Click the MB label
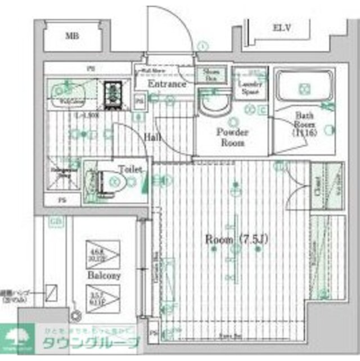[71, 36]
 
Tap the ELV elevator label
[281, 28]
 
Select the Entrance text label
[167, 84]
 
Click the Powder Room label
[232, 137]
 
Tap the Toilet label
[129, 169]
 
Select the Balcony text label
[103, 277]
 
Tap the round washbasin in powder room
[215, 104]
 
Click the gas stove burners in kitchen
[114, 93]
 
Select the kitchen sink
[69, 91]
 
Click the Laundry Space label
[250, 87]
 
